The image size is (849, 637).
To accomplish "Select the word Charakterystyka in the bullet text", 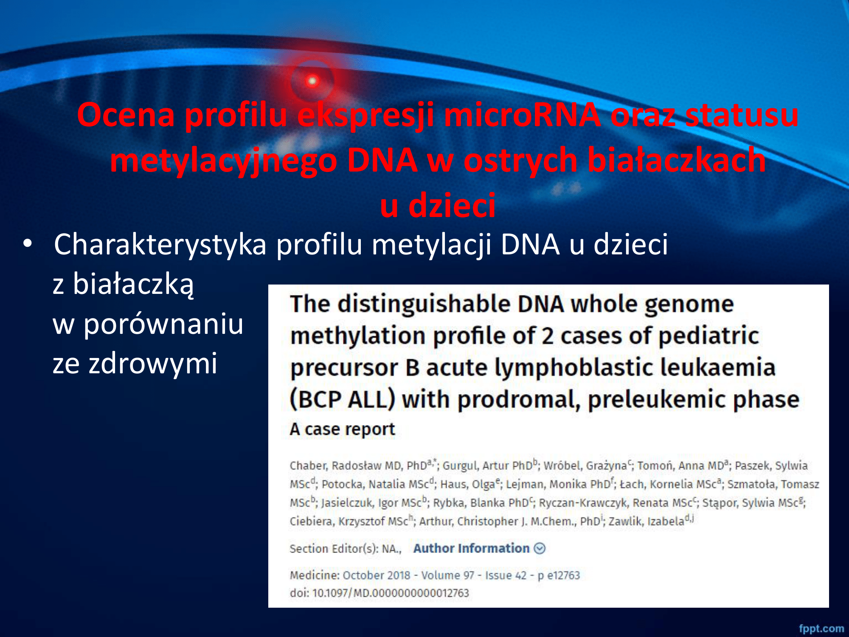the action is (x=160, y=245).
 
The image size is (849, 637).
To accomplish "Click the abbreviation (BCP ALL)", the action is (x=343, y=400).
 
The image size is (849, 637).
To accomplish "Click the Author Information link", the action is (x=472, y=548).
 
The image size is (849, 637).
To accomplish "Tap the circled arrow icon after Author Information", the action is (x=540, y=549).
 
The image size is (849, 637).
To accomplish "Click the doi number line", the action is (x=380, y=593).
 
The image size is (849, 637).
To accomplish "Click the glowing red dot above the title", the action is (x=312, y=80).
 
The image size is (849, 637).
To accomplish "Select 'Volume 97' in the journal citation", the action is (x=447, y=575).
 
